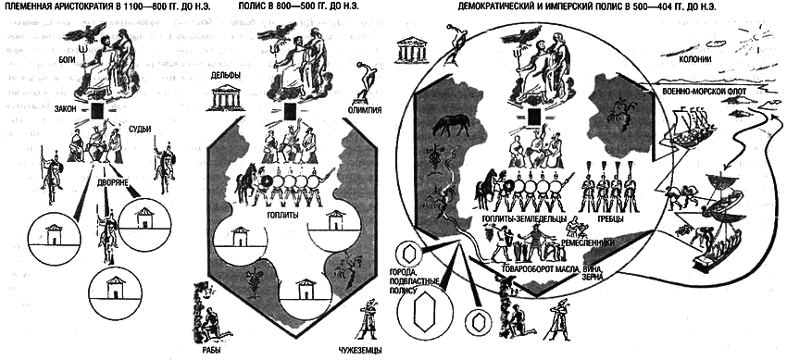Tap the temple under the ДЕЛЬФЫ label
[226, 98]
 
